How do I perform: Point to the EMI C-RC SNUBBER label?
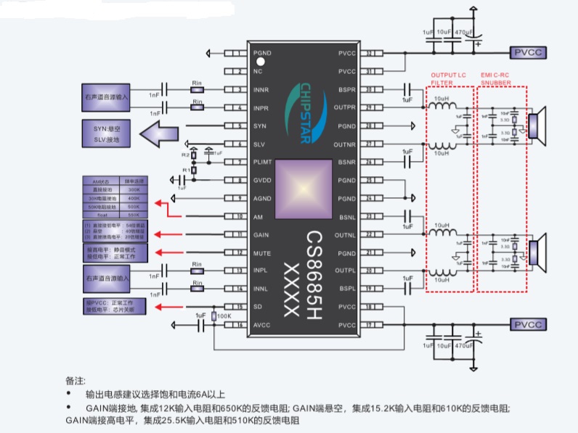500,78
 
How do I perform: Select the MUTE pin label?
261,252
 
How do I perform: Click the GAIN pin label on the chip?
261,234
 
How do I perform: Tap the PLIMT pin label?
263,162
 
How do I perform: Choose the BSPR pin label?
347,90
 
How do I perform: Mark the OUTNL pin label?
346,234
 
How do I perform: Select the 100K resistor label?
224,316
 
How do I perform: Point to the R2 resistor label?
185,155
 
